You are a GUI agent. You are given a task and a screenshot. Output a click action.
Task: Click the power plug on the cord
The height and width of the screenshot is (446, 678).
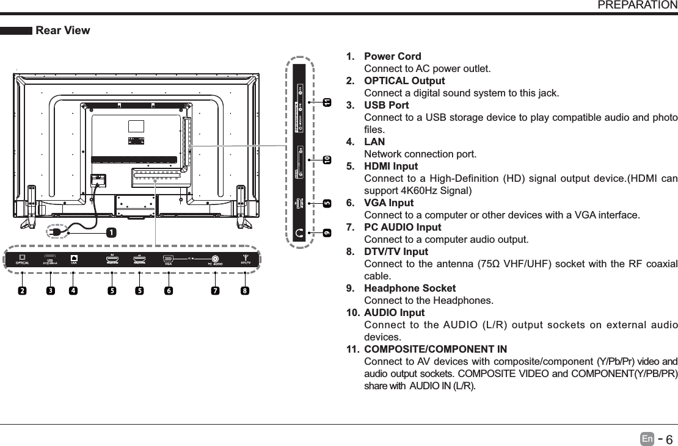(x=57, y=232)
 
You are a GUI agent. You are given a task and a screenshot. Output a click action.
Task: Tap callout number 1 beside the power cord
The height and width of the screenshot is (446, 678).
(x=111, y=232)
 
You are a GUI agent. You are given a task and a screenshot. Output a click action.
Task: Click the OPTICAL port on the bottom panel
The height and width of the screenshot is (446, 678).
(x=22, y=257)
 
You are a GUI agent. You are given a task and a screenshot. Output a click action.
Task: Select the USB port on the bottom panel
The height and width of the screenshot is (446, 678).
(x=50, y=257)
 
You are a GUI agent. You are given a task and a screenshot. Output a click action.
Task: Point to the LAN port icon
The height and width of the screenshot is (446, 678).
(x=74, y=257)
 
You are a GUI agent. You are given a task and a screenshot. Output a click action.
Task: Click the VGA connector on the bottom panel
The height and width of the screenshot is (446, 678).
(x=167, y=258)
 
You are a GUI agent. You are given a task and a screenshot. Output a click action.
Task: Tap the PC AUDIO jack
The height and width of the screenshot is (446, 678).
(x=215, y=258)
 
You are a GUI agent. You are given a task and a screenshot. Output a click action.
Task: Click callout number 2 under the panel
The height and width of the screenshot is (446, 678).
(x=23, y=290)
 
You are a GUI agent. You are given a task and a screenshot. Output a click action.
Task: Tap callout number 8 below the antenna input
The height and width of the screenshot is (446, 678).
(x=245, y=290)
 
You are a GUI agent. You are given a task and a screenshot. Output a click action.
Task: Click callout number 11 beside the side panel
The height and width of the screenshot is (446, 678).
(x=327, y=101)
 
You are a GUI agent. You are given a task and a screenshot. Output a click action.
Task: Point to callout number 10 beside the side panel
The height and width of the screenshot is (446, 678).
(x=327, y=159)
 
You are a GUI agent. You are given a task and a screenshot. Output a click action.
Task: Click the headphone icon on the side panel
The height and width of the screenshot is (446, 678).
(x=299, y=232)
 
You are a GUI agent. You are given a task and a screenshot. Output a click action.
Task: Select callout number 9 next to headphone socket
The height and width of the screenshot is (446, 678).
(x=327, y=233)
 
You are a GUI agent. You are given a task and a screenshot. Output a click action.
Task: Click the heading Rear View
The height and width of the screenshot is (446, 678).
(x=63, y=31)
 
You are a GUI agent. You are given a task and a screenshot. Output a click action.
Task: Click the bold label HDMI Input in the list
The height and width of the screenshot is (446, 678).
(x=391, y=167)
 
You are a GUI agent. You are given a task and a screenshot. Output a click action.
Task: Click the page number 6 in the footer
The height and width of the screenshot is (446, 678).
(x=669, y=440)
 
